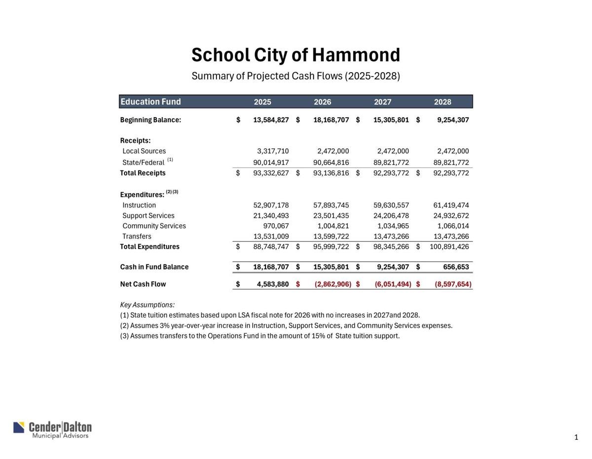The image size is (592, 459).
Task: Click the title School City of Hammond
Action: click(296, 55)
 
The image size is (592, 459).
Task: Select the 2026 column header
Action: click(323, 102)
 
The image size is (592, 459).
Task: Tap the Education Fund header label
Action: click(151, 102)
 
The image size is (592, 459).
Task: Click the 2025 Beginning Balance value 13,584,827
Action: click(271, 120)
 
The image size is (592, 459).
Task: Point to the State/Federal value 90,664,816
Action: click(331, 163)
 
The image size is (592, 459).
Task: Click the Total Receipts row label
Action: click(143, 173)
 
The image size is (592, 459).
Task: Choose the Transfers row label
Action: click(137, 236)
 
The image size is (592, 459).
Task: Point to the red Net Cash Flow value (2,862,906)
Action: click(333, 285)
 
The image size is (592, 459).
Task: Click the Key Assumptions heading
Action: click(148, 305)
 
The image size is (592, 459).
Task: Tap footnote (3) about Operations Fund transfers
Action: click(260, 336)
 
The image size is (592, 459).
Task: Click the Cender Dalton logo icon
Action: click(19, 427)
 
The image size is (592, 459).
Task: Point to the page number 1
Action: click(576, 437)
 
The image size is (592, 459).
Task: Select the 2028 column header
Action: click(443, 102)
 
